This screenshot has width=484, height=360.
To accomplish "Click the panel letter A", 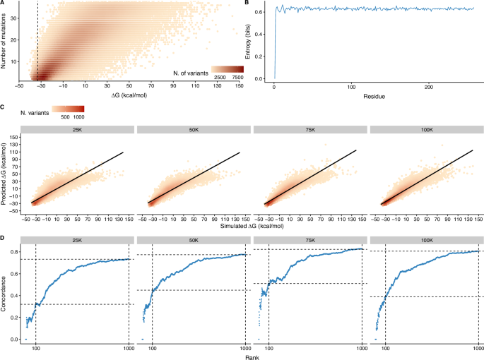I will [3, 4].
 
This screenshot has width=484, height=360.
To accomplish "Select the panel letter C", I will [3, 107].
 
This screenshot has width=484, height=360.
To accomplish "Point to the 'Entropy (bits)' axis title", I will [252, 42].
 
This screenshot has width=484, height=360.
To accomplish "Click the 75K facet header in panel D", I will [309, 240].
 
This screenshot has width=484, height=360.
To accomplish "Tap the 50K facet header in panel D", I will [192, 240].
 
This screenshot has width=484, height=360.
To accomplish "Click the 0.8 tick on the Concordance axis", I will [15, 251].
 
